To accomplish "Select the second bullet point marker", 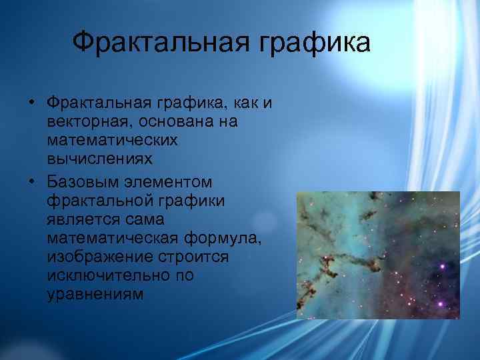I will pos(31,182).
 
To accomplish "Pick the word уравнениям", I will pos(95,294).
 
